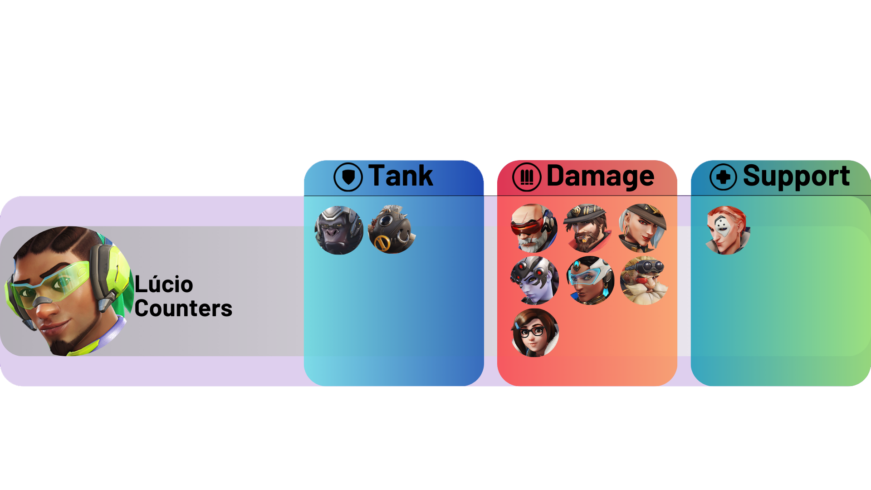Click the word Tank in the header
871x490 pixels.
[x=400, y=176]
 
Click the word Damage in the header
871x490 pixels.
[x=600, y=176]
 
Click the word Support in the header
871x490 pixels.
[x=796, y=176]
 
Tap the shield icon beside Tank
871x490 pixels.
[x=348, y=177]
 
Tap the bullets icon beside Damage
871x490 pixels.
[x=527, y=177]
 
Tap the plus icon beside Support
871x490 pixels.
[x=723, y=177]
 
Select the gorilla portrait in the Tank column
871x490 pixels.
[x=339, y=230]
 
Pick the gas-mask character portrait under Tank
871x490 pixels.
[x=392, y=229]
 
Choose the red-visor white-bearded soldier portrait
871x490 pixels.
[x=534, y=228]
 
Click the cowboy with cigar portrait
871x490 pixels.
[x=587, y=228]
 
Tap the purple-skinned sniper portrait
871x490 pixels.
[x=534, y=280]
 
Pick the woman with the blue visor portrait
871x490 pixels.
[x=590, y=280]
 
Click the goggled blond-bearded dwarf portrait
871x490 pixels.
[x=644, y=280]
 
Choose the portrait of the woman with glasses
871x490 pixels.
[x=535, y=333]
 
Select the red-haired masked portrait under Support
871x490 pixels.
[x=727, y=230]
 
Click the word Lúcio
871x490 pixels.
[x=164, y=284]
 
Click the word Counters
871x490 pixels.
[x=183, y=309]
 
